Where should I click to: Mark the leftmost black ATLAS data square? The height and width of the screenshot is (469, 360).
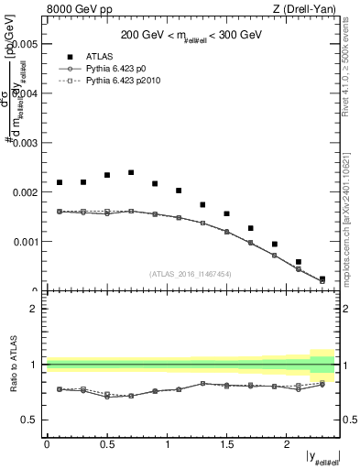point(60,182)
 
